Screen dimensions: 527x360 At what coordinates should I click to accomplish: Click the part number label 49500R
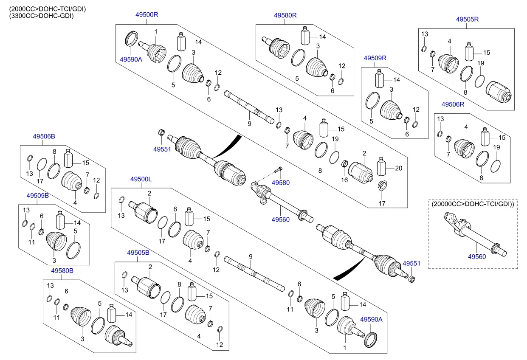tap(147, 14)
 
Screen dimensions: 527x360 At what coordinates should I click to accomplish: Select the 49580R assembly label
tap(285, 15)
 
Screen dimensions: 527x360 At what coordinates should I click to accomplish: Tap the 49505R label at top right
tap(467, 19)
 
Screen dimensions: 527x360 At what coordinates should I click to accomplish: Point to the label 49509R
tap(375, 58)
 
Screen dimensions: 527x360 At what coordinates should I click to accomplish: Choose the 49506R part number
tap(453, 104)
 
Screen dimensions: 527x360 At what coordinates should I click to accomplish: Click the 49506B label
tap(44, 136)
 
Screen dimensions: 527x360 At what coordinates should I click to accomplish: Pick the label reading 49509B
tap(38, 196)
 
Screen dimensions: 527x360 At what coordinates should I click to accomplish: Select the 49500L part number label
tap(141, 179)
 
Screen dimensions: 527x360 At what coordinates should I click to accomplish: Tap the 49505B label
tap(138, 253)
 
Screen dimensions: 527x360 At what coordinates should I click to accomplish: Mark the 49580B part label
tap(62, 271)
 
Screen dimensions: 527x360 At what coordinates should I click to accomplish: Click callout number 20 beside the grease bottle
tap(399, 169)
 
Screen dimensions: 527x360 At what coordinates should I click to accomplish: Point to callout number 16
tap(344, 180)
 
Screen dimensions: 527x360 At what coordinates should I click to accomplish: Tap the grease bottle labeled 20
tap(381, 167)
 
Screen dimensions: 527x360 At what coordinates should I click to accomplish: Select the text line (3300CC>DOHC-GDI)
tap(42, 16)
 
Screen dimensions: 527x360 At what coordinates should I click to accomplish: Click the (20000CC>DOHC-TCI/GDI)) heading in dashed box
tap(473, 204)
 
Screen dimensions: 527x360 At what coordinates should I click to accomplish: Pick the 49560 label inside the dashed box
tap(477, 257)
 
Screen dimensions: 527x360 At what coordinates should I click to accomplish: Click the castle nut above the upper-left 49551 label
tap(161, 132)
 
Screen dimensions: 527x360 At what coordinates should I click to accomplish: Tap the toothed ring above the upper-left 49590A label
tap(131, 38)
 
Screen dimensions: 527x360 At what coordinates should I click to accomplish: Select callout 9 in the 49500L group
tap(251, 257)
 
